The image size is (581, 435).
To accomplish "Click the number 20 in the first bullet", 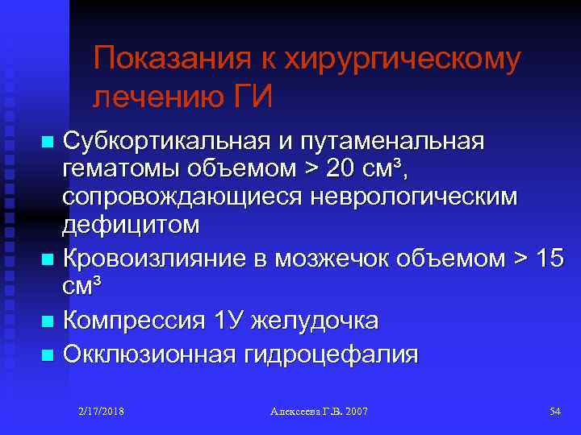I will pyautogui.click(x=335, y=169).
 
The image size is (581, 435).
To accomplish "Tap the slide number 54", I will pyautogui.click(x=554, y=411).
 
